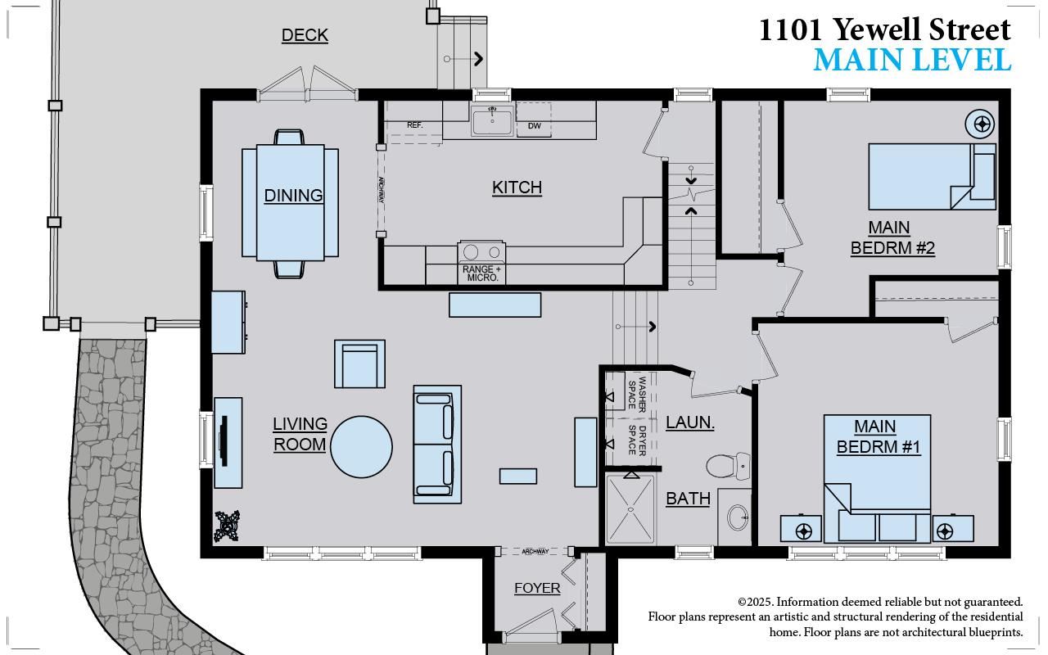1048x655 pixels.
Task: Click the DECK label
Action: coord(305,35)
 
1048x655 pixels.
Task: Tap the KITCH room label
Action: coord(517,187)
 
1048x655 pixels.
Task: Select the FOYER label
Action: coord(537,588)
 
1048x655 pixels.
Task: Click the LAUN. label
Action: coord(690,422)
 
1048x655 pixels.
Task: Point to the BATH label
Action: coord(689,499)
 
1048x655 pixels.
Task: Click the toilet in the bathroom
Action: coord(729,466)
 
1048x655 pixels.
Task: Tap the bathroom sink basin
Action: coord(738,517)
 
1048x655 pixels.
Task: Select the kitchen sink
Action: coord(492,120)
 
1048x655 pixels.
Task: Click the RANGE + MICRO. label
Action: coord(482,273)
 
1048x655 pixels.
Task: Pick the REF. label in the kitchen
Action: coord(414,125)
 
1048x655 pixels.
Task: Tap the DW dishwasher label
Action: coord(535,126)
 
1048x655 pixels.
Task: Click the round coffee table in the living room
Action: coord(361,447)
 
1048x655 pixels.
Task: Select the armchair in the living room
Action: coord(359,364)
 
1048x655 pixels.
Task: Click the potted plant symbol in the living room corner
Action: coord(227,526)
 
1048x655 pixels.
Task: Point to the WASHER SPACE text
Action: coord(637,394)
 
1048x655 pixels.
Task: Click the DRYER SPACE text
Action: coord(637,440)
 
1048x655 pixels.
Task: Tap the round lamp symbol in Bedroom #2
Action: coord(980,124)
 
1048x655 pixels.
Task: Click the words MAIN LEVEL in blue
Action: coord(912,61)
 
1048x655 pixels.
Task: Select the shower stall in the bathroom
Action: coord(630,509)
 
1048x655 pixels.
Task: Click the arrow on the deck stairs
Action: coord(463,59)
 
